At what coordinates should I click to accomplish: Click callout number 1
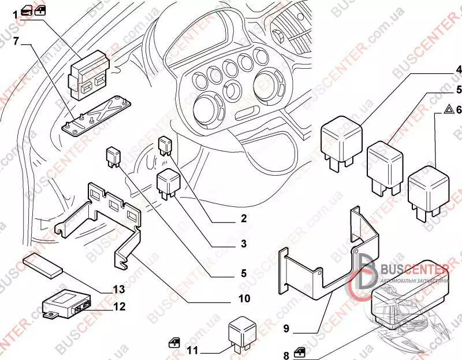click(16, 12)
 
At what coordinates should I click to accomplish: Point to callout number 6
click(458, 109)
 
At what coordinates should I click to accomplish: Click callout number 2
click(244, 219)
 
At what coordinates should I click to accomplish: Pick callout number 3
click(244, 244)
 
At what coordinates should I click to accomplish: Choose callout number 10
click(244, 299)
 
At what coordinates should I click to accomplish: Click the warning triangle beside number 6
click(448, 109)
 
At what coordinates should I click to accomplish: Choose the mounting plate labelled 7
click(95, 116)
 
